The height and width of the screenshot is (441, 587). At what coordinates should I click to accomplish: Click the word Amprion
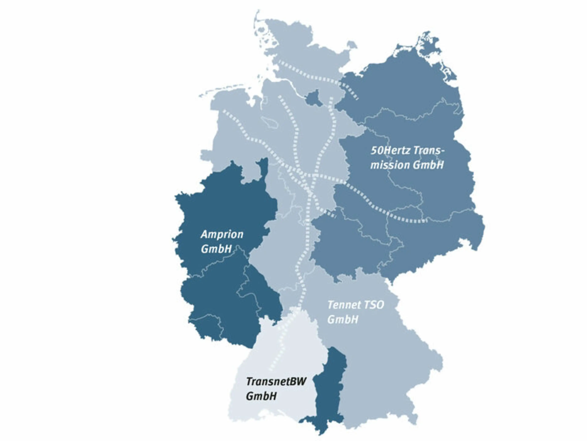click(x=222, y=235)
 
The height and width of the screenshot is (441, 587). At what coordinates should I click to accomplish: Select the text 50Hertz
click(x=388, y=151)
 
